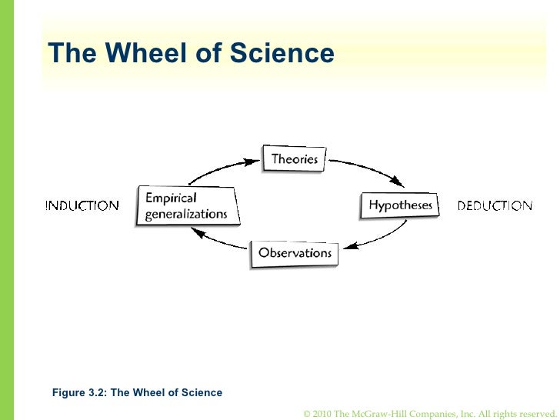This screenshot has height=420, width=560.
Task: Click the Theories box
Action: click(x=294, y=159)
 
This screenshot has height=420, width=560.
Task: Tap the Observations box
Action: click(x=295, y=253)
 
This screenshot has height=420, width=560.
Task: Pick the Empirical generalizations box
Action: click(x=187, y=205)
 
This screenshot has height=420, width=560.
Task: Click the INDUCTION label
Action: click(x=82, y=205)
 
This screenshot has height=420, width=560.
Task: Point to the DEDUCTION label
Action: click(x=495, y=205)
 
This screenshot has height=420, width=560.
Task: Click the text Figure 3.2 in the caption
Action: click(x=79, y=392)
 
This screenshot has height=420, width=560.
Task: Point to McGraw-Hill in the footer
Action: click(x=382, y=413)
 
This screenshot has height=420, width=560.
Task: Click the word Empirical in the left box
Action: click(x=171, y=198)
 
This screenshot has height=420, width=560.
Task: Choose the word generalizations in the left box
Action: click(x=186, y=214)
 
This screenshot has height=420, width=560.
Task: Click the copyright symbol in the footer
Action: click(x=308, y=413)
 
